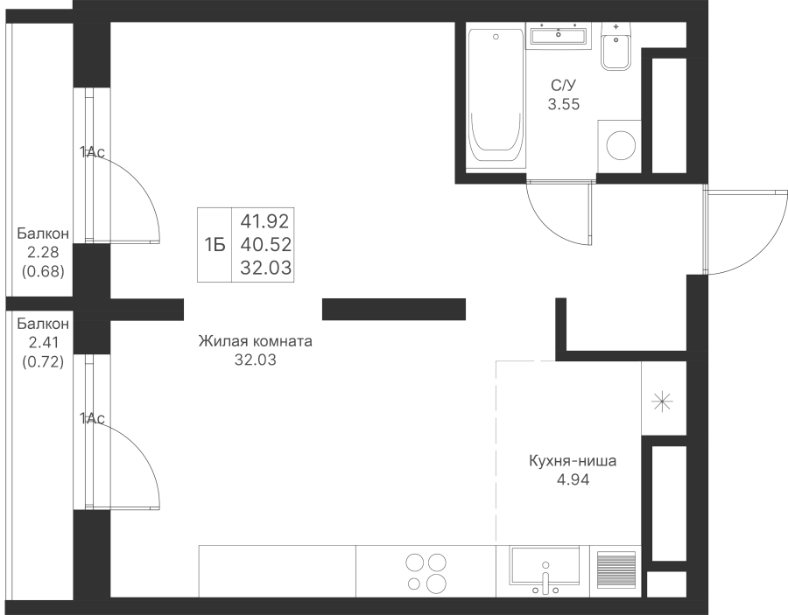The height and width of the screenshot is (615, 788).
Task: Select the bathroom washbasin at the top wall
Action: [x=559, y=36]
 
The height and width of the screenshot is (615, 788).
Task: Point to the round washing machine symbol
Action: [x=621, y=145]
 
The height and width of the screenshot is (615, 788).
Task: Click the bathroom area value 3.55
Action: [x=563, y=104]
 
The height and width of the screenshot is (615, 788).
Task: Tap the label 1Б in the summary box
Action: [x=215, y=245]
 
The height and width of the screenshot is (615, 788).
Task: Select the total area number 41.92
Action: [x=266, y=221]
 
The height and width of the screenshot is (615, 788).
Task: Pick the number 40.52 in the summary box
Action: [x=266, y=244]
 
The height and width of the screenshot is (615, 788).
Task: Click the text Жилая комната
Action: [x=256, y=341]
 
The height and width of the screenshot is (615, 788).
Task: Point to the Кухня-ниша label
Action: [x=573, y=461]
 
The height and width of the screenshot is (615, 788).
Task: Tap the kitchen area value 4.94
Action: [x=573, y=480]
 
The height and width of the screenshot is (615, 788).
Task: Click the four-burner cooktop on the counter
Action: [x=426, y=572]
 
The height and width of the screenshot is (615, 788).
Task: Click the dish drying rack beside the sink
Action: [x=616, y=570]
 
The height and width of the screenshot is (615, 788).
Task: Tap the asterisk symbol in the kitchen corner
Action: [x=663, y=401]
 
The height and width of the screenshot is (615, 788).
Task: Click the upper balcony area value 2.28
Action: [x=43, y=253]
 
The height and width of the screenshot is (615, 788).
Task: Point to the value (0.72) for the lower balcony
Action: [x=43, y=361]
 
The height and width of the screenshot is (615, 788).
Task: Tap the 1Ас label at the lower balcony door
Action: [x=92, y=418]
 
